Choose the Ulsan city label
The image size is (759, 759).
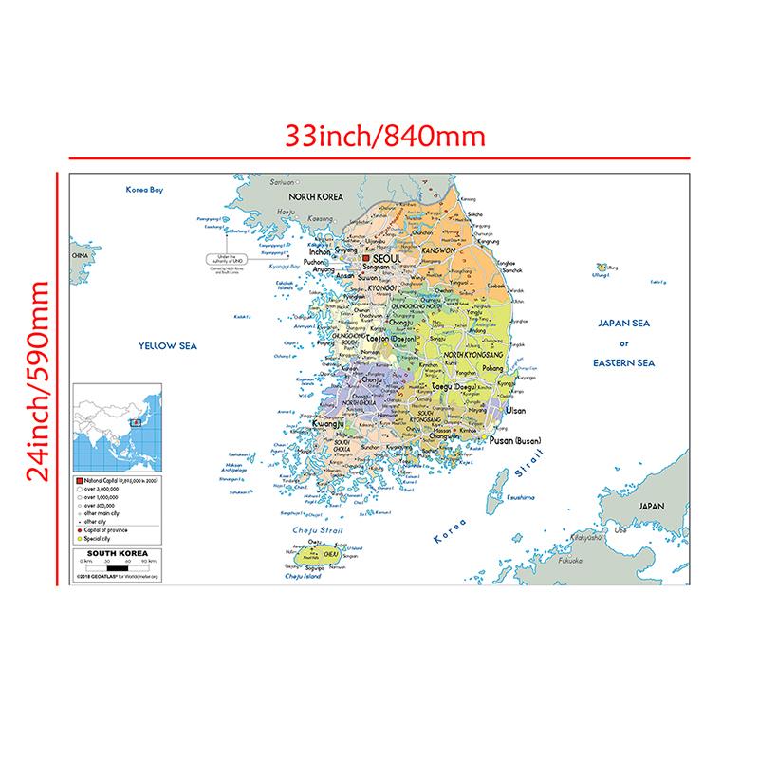515,411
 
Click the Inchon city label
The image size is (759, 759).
318,254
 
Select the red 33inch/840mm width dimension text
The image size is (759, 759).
385,136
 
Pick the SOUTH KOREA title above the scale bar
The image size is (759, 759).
112,551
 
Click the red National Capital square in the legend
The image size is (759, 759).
80,482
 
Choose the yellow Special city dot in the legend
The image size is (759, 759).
80,537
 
